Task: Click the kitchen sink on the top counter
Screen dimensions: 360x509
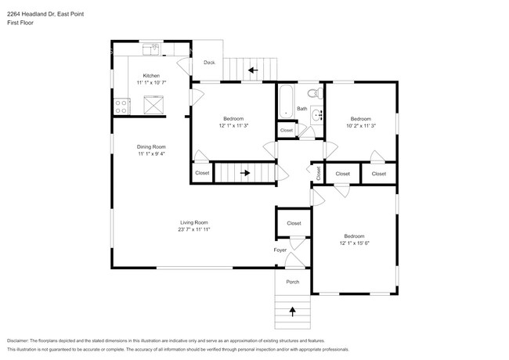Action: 151,50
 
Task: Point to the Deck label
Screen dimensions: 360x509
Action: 209,63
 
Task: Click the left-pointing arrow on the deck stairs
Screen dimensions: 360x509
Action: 252,70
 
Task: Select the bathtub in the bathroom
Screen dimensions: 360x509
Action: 286,101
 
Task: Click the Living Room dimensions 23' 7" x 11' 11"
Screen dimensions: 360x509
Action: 193,229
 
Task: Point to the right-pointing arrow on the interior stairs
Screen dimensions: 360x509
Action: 245,173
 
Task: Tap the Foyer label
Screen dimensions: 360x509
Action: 280,250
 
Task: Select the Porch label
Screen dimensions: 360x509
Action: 292,282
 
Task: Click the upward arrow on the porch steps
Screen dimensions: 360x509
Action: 293,311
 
